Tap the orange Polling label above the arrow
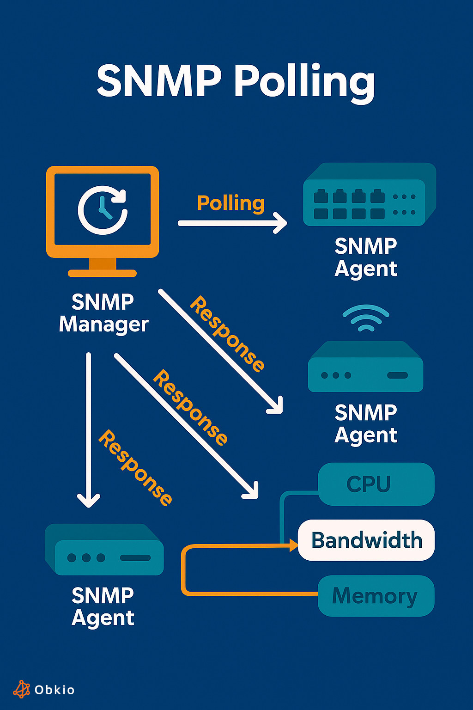(231, 203)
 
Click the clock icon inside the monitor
(103, 210)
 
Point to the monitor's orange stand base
(102, 273)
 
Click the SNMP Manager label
(103, 313)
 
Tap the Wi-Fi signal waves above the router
(366, 318)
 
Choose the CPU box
(376, 484)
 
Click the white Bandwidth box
(366, 540)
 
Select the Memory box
(376, 596)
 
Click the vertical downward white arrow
(89, 430)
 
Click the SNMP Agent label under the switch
(366, 257)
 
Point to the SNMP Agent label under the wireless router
(366, 423)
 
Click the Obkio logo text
(55, 690)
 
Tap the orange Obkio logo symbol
(21, 689)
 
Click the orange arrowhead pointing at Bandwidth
(294, 546)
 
